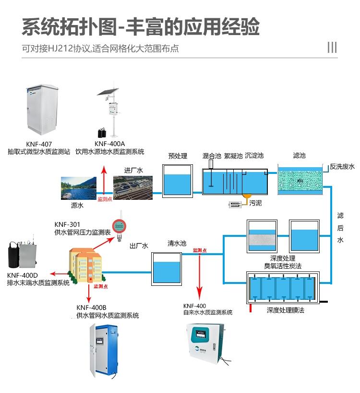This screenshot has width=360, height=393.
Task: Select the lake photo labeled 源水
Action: coord(78,189)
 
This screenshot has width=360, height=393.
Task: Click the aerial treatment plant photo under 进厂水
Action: coord(133,188)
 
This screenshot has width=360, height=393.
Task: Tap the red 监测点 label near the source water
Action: coord(105,199)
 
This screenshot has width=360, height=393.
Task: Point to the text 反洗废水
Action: coord(342,167)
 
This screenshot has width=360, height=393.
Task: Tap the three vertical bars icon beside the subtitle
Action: coord(332,48)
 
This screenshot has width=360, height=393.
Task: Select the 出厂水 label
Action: coord(139,246)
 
